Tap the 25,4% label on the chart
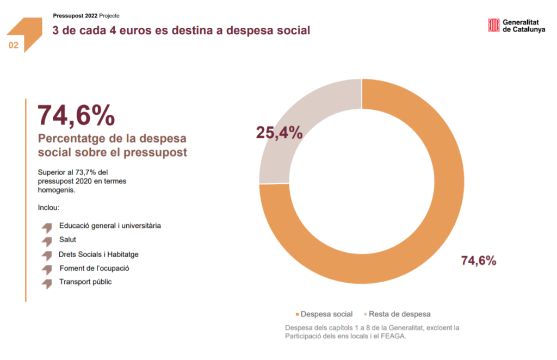pos(279,132)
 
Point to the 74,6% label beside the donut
pos(479,260)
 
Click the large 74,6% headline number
pos(76,115)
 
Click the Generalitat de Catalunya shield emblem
pos(493,26)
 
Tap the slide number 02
pos(14,46)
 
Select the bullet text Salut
pos(68,239)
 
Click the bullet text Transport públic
pos(85,282)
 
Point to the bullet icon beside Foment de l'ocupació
pos(47,269)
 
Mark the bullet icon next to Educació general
pos(47,227)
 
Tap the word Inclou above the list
pos(48,208)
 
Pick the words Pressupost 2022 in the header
pos(75,16)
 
